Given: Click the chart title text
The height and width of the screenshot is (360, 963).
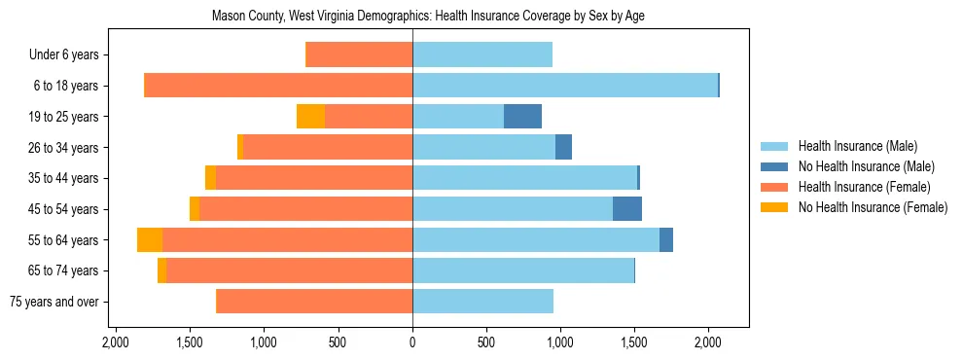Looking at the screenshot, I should point(428,16).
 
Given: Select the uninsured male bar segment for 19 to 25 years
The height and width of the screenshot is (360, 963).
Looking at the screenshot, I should point(522,117).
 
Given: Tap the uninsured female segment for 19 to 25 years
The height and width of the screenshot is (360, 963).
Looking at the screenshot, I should point(310,117).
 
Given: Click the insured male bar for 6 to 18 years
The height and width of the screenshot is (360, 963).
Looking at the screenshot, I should point(565,86).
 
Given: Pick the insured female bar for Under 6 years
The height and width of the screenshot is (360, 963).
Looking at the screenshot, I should point(359,54).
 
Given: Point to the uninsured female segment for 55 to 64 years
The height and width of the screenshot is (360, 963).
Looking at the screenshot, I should point(150,240).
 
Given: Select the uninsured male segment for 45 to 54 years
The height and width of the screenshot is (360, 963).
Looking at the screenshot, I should point(627,209).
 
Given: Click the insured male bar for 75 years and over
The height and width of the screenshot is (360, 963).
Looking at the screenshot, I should point(482,302).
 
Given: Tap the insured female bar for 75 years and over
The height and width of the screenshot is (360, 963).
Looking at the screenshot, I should point(314,302).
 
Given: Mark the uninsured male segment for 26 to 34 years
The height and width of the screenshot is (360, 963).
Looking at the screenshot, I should point(563,148).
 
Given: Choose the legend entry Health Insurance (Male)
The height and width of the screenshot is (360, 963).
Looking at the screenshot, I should point(857,146).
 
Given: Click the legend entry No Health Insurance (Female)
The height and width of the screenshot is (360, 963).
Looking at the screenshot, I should point(873,207).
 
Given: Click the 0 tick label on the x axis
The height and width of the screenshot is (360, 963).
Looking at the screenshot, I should point(412,342).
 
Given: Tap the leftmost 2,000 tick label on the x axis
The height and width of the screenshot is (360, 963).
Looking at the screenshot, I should point(116,342).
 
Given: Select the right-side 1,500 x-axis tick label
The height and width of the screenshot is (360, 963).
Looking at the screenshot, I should point(634,342).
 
